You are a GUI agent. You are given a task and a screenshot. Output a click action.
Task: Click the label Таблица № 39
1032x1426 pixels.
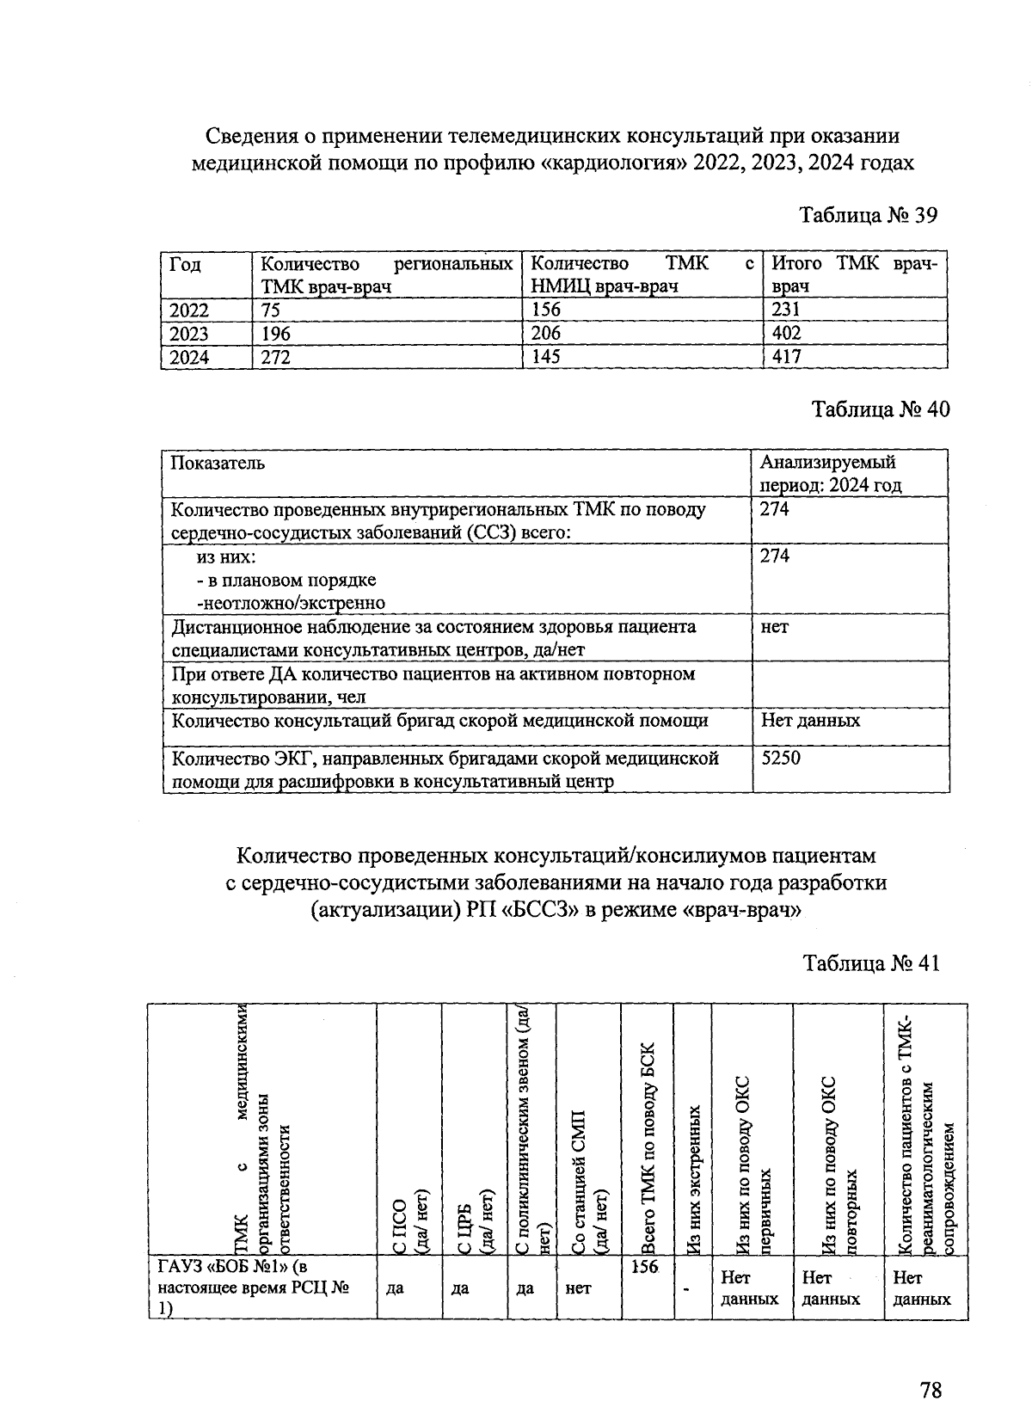point(868,214)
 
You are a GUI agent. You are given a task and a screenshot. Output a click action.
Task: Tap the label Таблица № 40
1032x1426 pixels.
point(881,409)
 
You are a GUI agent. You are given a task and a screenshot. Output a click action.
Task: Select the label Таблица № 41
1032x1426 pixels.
point(871,962)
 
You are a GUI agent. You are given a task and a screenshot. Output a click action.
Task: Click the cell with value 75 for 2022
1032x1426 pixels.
point(271,310)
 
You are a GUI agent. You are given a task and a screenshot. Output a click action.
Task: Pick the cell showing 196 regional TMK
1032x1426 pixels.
point(276,334)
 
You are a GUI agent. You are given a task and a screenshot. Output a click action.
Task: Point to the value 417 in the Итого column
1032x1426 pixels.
point(787,356)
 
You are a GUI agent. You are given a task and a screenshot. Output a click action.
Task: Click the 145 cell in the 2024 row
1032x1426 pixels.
point(546,356)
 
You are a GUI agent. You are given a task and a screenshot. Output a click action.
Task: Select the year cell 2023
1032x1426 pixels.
point(189,334)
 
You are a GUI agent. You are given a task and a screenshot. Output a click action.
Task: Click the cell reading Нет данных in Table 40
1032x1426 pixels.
point(810,720)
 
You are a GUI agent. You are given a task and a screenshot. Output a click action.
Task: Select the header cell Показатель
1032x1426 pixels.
point(218,463)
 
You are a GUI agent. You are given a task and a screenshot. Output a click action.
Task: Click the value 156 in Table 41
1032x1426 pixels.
point(644,1267)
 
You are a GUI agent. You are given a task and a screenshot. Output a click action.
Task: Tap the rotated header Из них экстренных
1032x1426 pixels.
point(693,1178)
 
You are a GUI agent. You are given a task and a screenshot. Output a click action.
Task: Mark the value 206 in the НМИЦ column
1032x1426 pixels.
point(546,334)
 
